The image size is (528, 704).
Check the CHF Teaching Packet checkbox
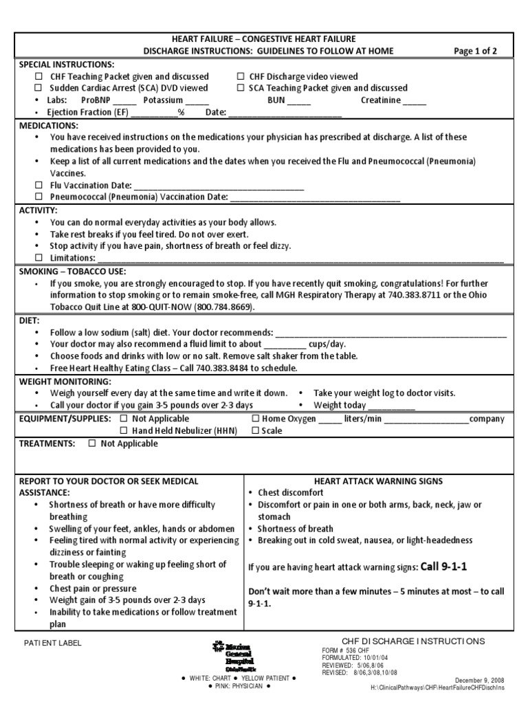[39, 77]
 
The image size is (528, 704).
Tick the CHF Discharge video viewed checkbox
[241, 77]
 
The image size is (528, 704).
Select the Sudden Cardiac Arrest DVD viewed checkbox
[39, 88]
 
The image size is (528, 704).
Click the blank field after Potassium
[197, 100]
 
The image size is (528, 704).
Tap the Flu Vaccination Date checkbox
[39, 186]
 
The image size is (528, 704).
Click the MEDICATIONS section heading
[49, 126]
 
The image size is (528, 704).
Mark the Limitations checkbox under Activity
[39, 258]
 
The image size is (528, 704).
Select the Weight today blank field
[392, 405]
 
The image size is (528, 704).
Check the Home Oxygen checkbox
[255, 419]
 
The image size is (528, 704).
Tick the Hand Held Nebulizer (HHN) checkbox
[124, 431]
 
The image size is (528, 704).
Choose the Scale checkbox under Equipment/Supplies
[255, 431]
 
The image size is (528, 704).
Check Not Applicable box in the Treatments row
[92, 443]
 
